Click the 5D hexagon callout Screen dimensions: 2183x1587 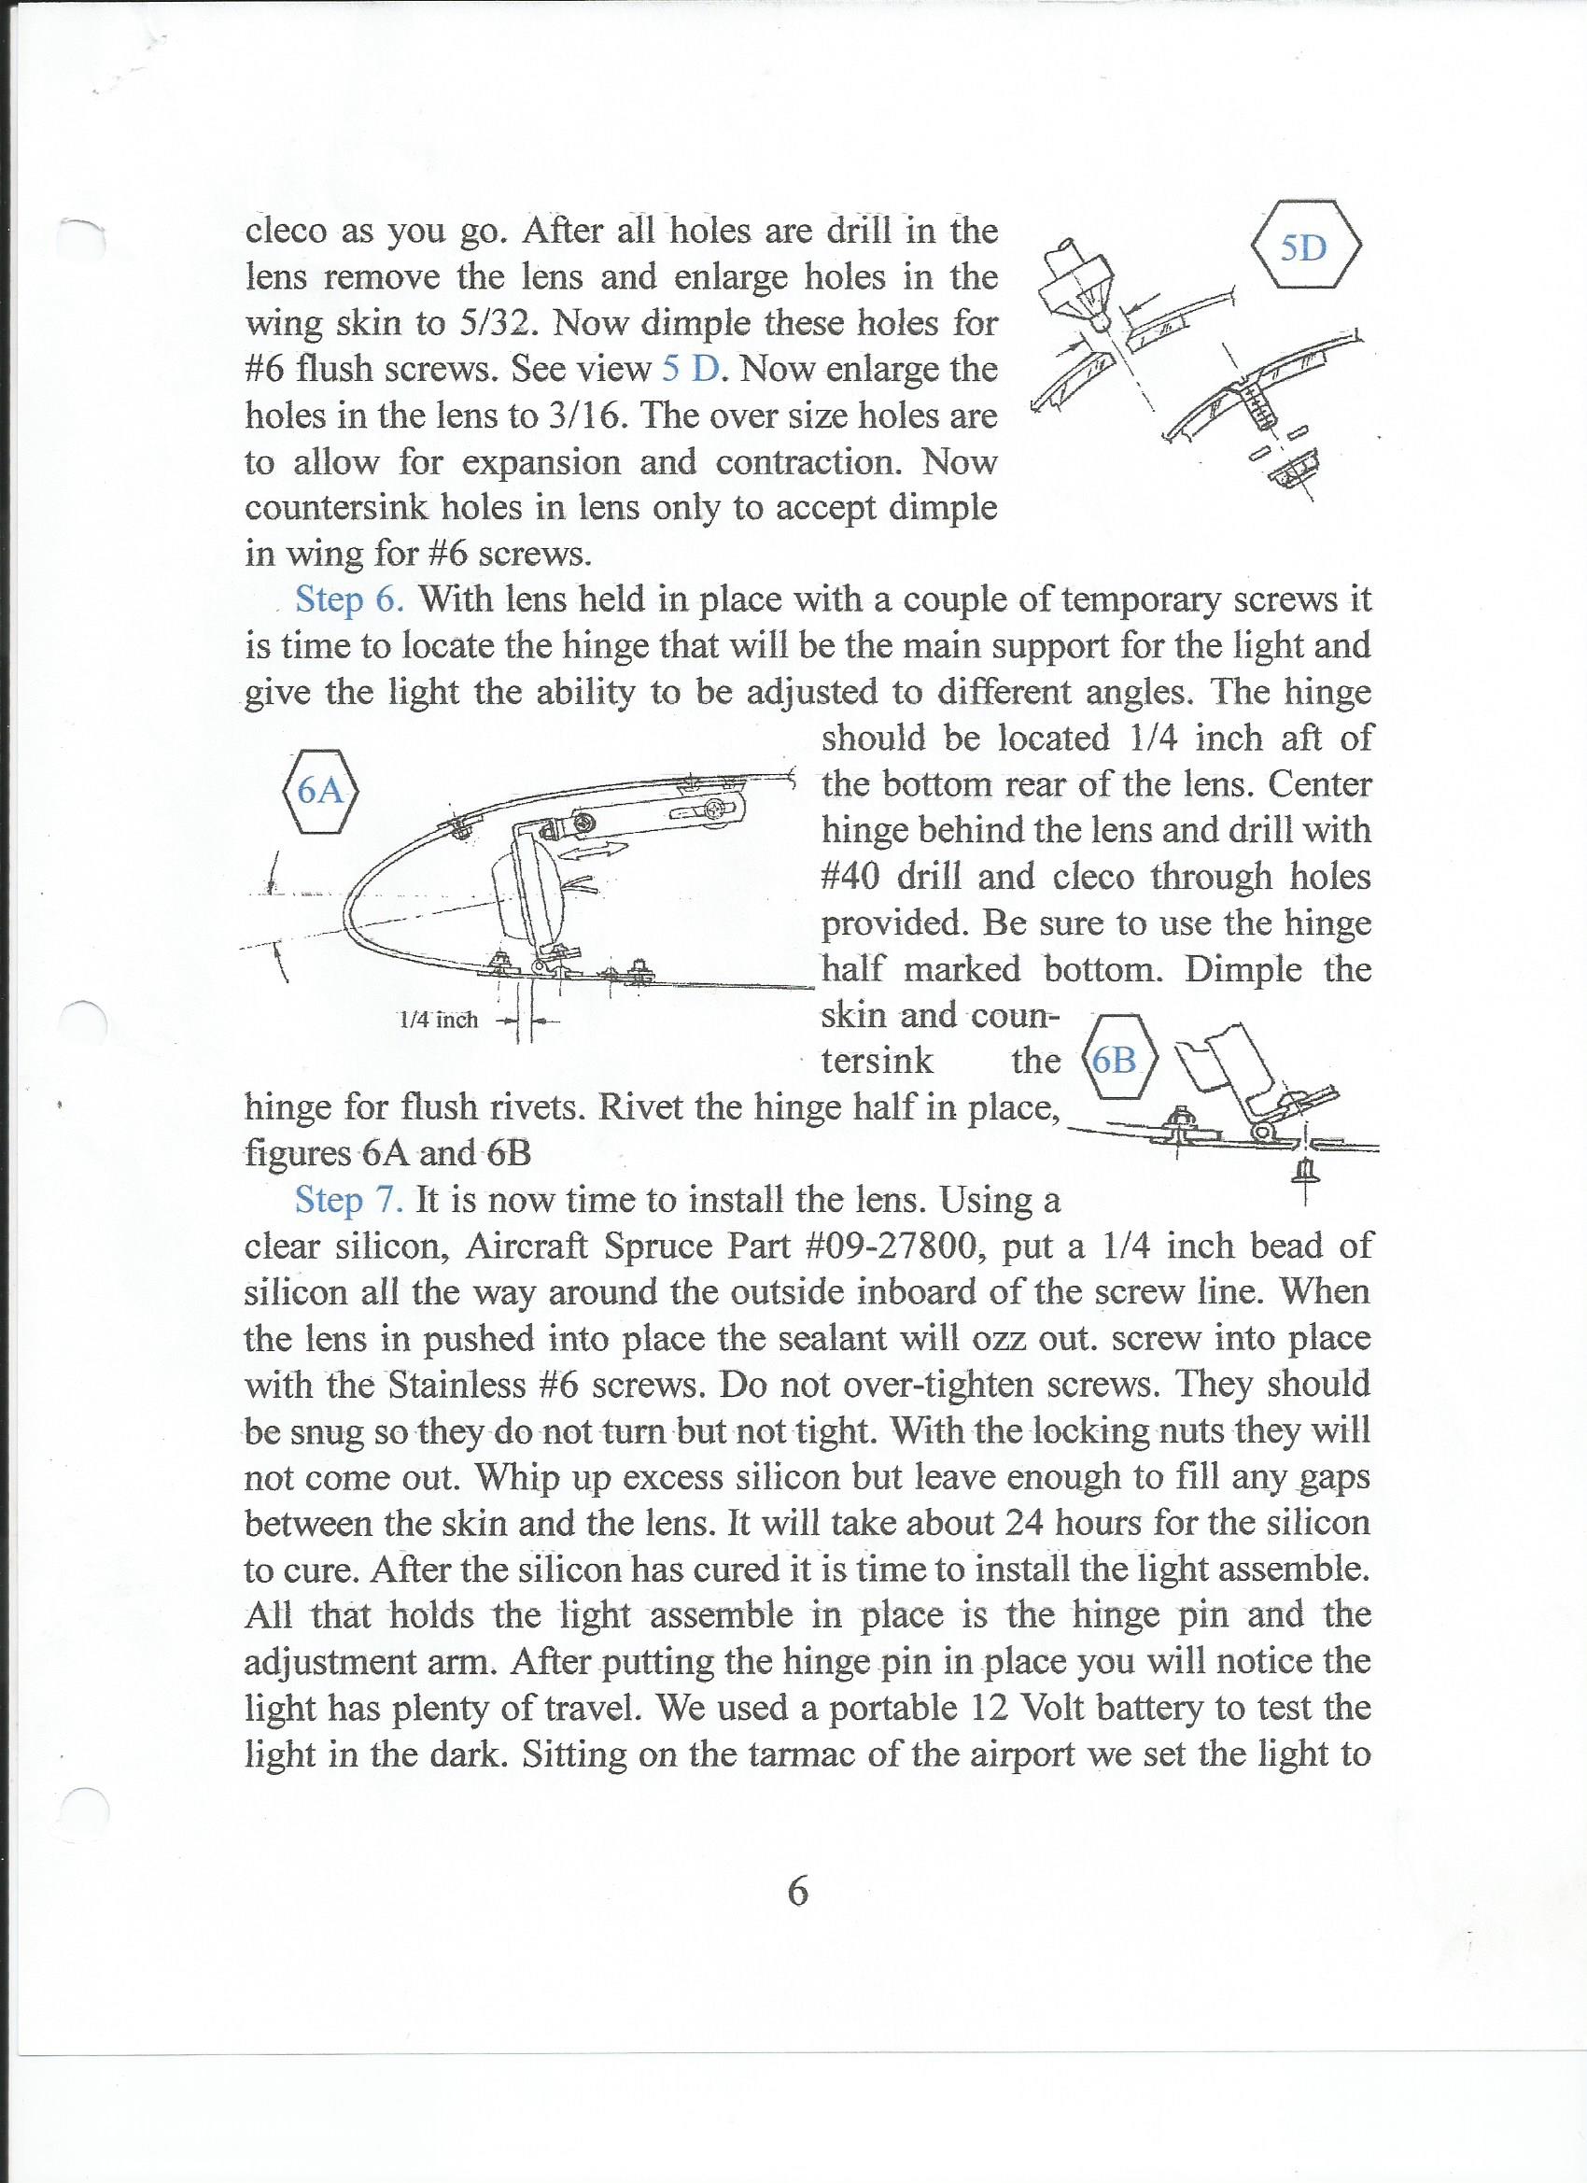1305,247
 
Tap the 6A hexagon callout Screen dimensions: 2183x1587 320,791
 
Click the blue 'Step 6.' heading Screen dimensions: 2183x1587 349,599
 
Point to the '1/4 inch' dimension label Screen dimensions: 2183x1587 439,1020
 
